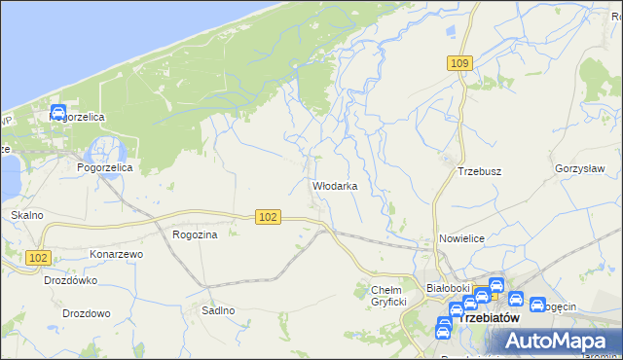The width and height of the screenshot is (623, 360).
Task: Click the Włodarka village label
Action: pyautogui.click(x=335, y=185)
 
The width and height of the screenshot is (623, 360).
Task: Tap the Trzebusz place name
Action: pyautogui.click(x=479, y=171)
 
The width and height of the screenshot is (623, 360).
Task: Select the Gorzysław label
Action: pyautogui.click(x=580, y=168)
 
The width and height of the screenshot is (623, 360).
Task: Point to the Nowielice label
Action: pyautogui.click(x=462, y=237)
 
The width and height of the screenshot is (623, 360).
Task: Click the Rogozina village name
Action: pyautogui.click(x=194, y=234)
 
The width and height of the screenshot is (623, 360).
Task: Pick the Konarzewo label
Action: pyautogui.click(x=117, y=254)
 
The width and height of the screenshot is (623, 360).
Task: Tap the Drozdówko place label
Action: pyautogui.click(x=71, y=280)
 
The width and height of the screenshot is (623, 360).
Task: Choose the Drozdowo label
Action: pyautogui.click(x=86, y=314)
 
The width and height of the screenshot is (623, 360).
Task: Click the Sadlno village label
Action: pyautogui.click(x=218, y=310)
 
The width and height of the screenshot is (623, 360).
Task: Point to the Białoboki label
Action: pyautogui.click(x=449, y=288)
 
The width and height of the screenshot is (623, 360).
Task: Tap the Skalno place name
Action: pyautogui.click(x=26, y=215)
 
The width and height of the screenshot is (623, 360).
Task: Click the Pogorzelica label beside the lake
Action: pyautogui.click(x=104, y=167)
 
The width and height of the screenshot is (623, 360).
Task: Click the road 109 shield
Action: pyautogui.click(x=461, y=63)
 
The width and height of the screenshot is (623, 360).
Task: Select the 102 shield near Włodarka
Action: pyautogui.click(x=270, y=217)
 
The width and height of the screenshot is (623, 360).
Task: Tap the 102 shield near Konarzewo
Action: pyautogui.click(x=39, y=257)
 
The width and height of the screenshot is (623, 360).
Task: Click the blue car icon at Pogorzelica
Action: pyautogui.click(x=57, y=113)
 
